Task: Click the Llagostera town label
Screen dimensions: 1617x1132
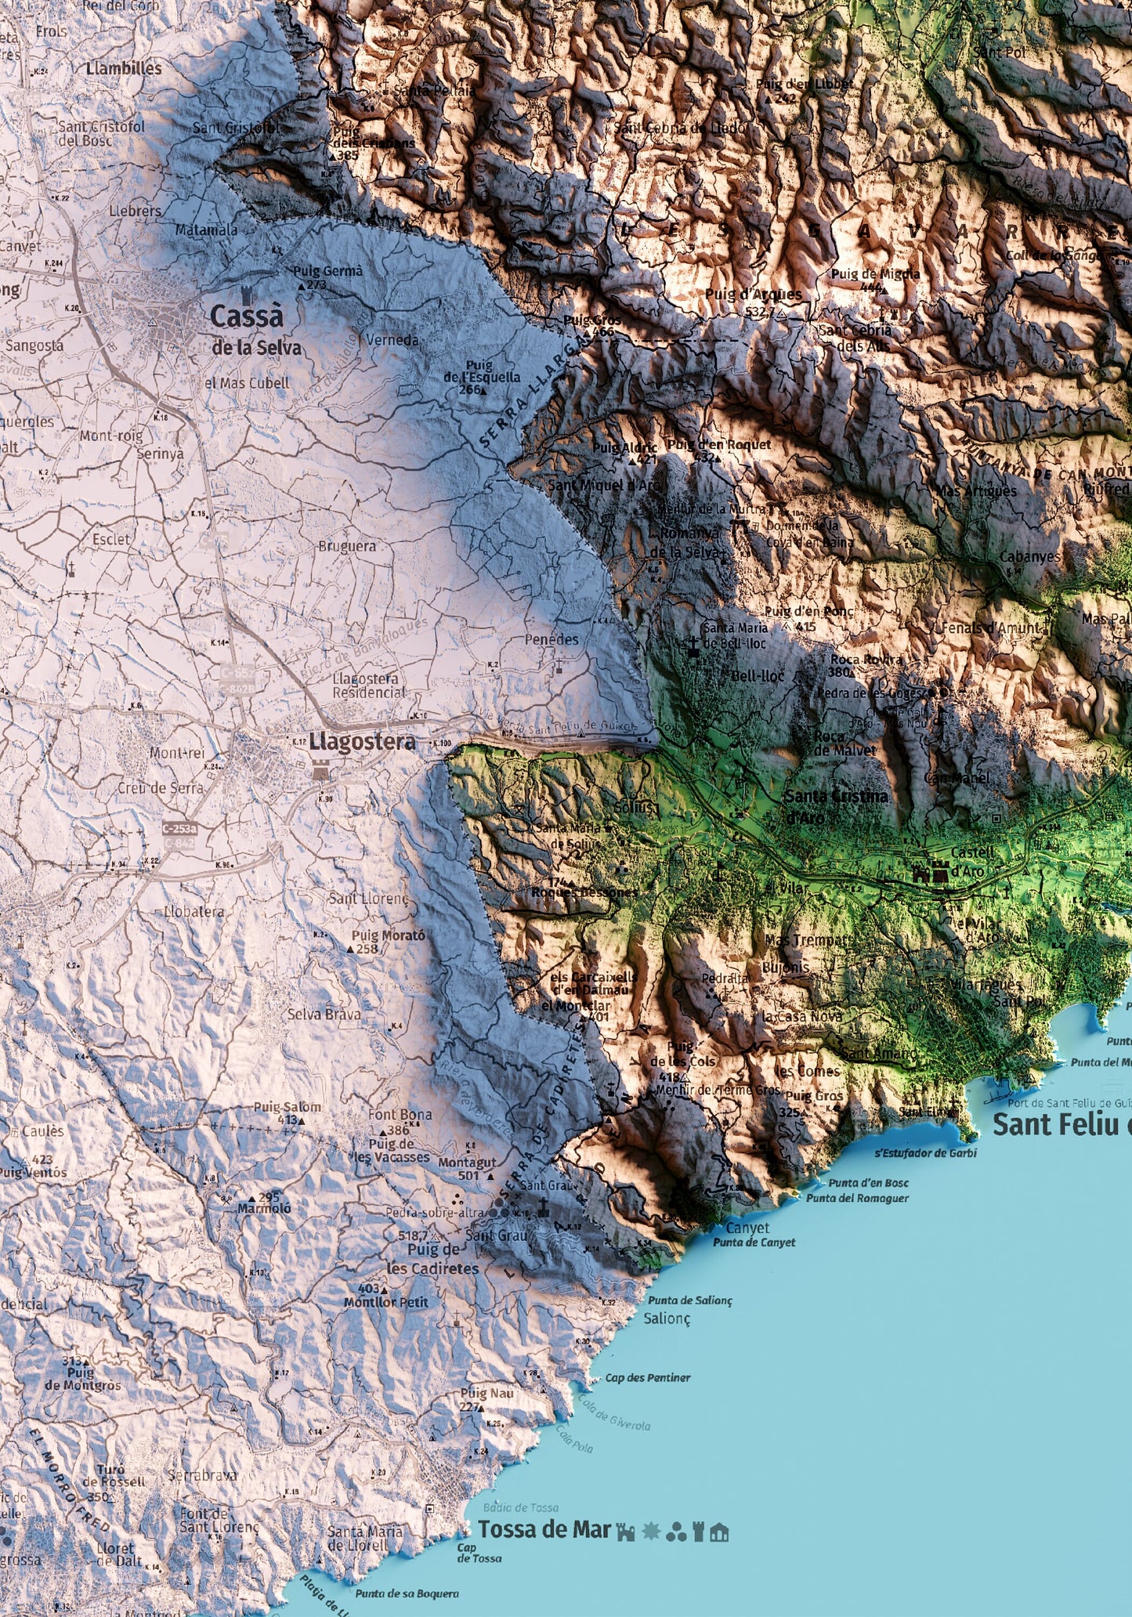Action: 362,741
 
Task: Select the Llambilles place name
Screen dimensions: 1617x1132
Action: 125,68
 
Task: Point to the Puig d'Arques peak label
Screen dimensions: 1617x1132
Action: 754,295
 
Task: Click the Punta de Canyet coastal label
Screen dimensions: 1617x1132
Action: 754,1242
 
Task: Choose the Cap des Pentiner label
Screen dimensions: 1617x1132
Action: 648,1377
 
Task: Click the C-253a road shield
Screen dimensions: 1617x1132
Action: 179,828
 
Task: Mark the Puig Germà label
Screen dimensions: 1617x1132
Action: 327,271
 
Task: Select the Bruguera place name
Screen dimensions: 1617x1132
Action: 346,545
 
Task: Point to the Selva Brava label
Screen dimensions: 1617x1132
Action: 324,1014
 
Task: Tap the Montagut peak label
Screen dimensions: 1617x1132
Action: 467,1163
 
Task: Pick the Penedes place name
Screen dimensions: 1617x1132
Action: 552,639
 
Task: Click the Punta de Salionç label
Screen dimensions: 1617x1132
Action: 689,1300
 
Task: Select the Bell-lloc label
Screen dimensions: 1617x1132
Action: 758,675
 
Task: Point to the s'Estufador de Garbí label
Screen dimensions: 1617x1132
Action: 925,1153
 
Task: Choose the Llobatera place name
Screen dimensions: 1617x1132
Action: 193,912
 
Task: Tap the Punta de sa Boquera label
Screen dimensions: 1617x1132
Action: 407,1593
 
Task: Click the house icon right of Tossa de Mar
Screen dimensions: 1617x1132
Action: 719,1532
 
